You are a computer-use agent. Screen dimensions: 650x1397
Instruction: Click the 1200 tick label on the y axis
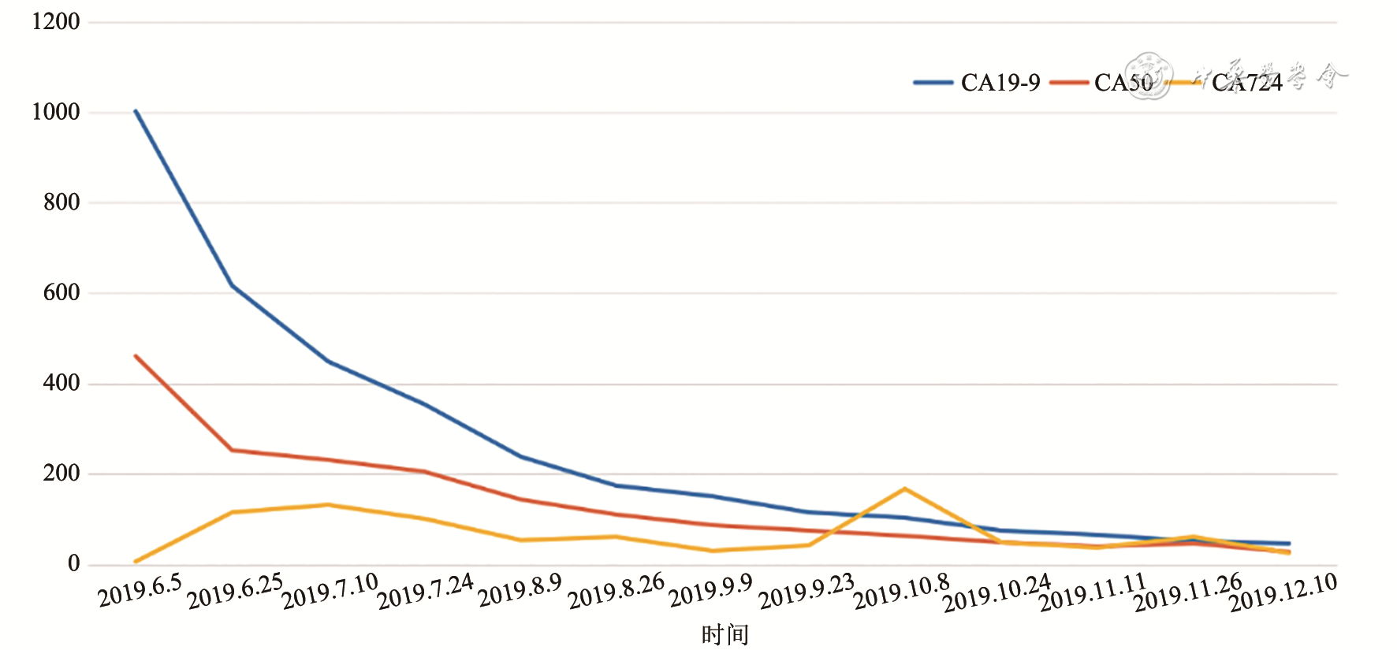55,22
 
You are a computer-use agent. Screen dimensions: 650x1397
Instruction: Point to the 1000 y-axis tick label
55,112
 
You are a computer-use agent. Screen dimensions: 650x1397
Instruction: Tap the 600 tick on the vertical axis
61,293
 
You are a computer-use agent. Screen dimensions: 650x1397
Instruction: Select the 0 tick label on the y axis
73,564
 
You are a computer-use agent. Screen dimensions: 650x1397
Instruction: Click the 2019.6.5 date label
140,590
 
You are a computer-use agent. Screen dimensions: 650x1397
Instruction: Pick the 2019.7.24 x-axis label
425,592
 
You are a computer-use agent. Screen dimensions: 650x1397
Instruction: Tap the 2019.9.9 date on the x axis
710,591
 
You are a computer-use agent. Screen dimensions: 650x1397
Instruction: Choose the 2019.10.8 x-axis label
901,592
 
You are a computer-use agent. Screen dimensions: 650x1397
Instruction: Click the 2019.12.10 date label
1283,592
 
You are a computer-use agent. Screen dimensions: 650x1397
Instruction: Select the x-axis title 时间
725,634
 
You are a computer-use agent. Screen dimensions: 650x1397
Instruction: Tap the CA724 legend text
1246,83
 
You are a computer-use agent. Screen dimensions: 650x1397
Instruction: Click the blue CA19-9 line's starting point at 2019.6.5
136,111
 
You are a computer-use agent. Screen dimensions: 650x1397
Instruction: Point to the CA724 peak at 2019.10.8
904,488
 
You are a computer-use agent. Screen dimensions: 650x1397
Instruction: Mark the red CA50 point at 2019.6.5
136,356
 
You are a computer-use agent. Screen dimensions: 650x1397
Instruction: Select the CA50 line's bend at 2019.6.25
232,450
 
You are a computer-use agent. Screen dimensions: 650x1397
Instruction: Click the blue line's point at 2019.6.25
232,284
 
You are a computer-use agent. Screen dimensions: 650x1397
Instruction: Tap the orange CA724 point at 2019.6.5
136,562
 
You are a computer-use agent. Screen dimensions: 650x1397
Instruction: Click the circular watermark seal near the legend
1148,76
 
